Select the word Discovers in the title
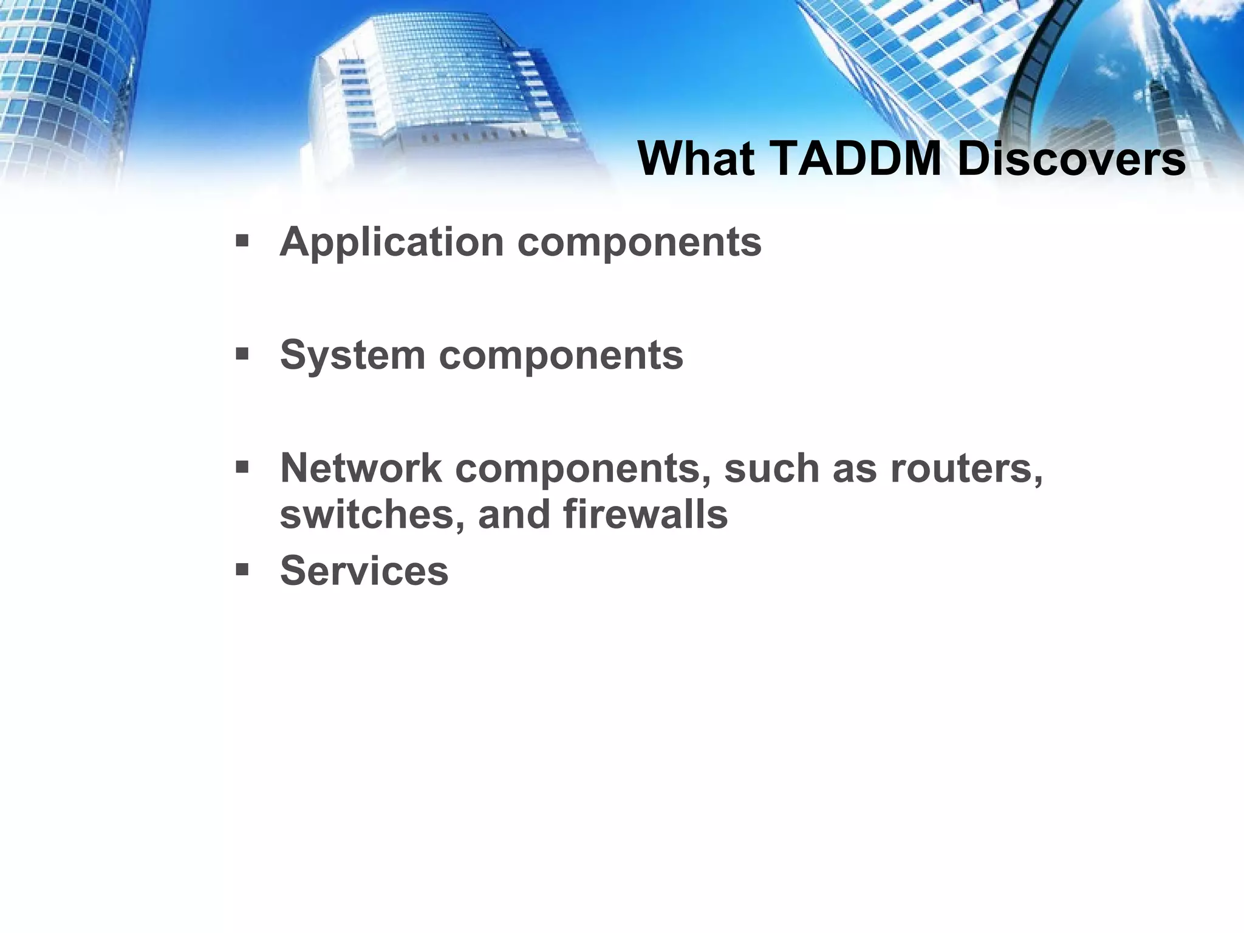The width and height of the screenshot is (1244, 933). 1071,159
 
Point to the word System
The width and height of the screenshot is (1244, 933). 352,355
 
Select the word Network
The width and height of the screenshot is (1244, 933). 361,468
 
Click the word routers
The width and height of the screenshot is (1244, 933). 966,468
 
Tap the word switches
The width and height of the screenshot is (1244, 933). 372,514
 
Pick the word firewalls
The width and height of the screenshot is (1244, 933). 645,514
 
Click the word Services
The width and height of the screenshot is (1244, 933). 364,571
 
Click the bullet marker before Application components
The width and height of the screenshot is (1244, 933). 242,242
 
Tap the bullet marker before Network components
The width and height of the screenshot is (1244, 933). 242,467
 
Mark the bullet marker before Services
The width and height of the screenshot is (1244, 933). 242,570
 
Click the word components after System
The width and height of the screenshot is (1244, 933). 561,356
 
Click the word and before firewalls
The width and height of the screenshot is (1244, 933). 514,514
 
